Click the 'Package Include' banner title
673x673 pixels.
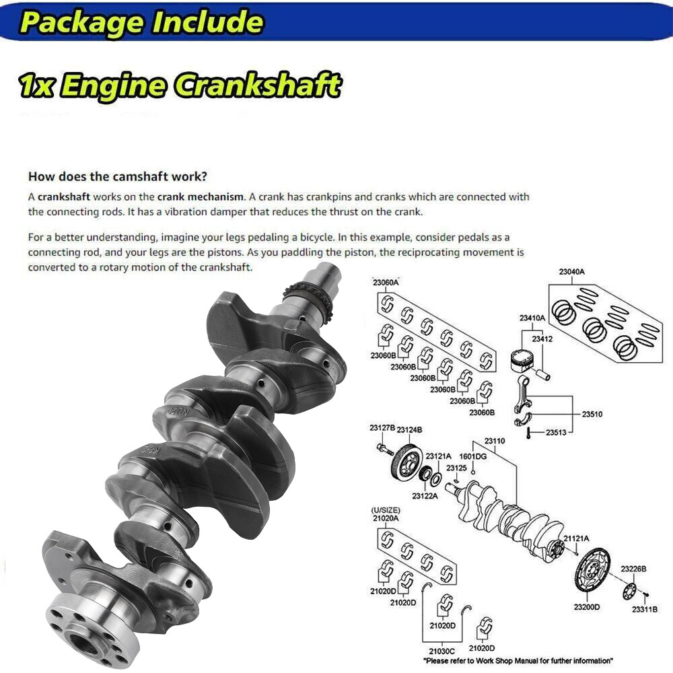pyautogui.click(x=141, y=22)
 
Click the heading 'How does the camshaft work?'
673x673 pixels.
pyautogui.click(x=118, y=177)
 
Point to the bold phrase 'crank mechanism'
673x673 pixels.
pyautogui.click(x=200, y=197)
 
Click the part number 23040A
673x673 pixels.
pyautogui.click(x=571, y=272)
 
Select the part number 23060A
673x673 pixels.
pyautogui.click(x=386, y=283)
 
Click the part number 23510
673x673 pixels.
pyautogui.click(x=592, y=415)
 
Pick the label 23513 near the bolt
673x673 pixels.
pyautogui.click(x=556, y=433)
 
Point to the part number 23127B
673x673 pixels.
pyautogui.click(x=382, y=428)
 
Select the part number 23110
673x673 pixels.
pyautogui.click(x=494, y=441)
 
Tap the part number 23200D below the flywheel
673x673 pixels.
pyautogui.click(x=587, y=607)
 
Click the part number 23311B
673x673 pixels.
pyautogui.click(x=645, y=610)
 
